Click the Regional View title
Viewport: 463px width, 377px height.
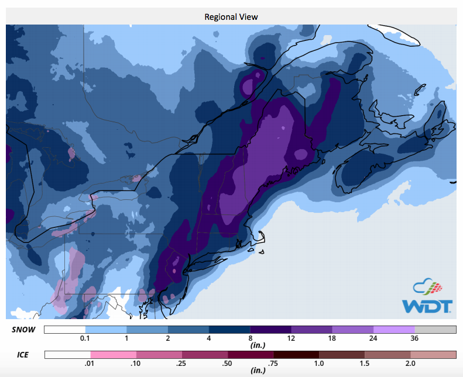click(x=231, y=16)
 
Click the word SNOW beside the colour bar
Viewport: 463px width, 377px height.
click(x=24, y=330)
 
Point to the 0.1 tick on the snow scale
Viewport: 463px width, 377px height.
click(x=85, y=339)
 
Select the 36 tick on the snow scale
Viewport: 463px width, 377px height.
click(x=414, y=339)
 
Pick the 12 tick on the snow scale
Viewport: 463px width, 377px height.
click(x=291, y=339)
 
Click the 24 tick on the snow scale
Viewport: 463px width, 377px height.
click(x=373, y=339)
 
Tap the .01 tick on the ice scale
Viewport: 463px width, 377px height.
click(x=91, y=364)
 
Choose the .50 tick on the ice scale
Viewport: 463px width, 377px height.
click(x=228, y=364)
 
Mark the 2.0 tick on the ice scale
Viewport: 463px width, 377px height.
click(x=410, y=364)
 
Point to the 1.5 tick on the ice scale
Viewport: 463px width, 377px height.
click(x=364, y=364)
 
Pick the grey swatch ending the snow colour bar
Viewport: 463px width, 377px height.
click(x=435, y=330)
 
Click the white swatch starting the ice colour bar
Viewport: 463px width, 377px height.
click(x=67, y=354)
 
